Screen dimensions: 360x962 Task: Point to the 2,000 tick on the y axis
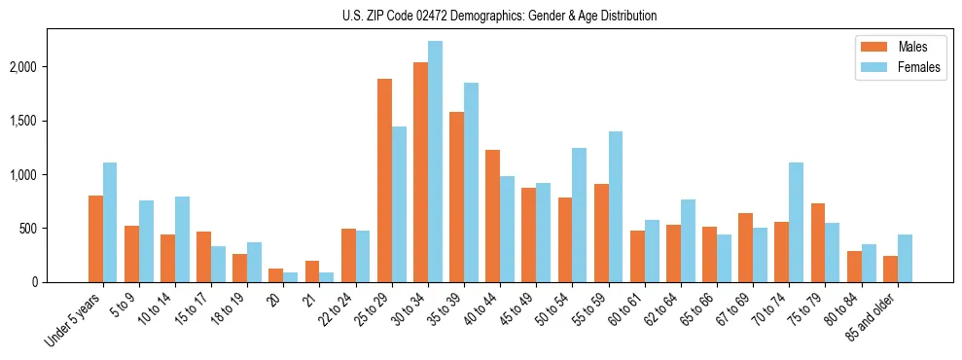click(50, 67)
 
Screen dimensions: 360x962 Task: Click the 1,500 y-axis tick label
click(50, 121)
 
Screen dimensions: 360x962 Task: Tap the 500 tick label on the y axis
click(56, 229)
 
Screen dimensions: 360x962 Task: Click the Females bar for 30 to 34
click(435, 162)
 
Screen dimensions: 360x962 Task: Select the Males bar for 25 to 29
click(384, 180)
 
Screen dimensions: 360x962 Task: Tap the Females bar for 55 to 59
click(615, 206)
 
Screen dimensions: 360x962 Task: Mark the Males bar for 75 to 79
click(817, 242)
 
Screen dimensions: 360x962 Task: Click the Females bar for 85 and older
click(904, 258)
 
